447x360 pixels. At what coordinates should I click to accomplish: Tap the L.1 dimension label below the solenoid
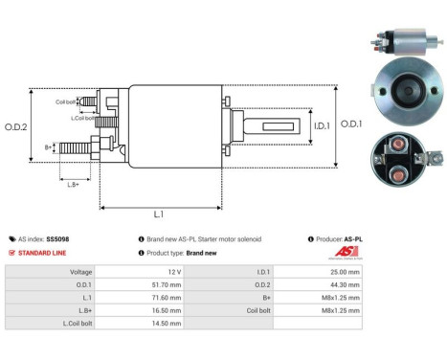[159, 215]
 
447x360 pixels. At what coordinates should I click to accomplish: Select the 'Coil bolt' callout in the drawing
[65, 101]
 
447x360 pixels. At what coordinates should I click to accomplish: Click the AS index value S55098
[57, 238]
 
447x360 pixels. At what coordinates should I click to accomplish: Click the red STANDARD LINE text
[45, 253]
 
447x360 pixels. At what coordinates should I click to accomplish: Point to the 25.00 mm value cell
[344, 271]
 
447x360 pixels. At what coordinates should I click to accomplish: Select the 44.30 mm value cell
[344, 284]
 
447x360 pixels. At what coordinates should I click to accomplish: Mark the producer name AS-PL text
[352, 238]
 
